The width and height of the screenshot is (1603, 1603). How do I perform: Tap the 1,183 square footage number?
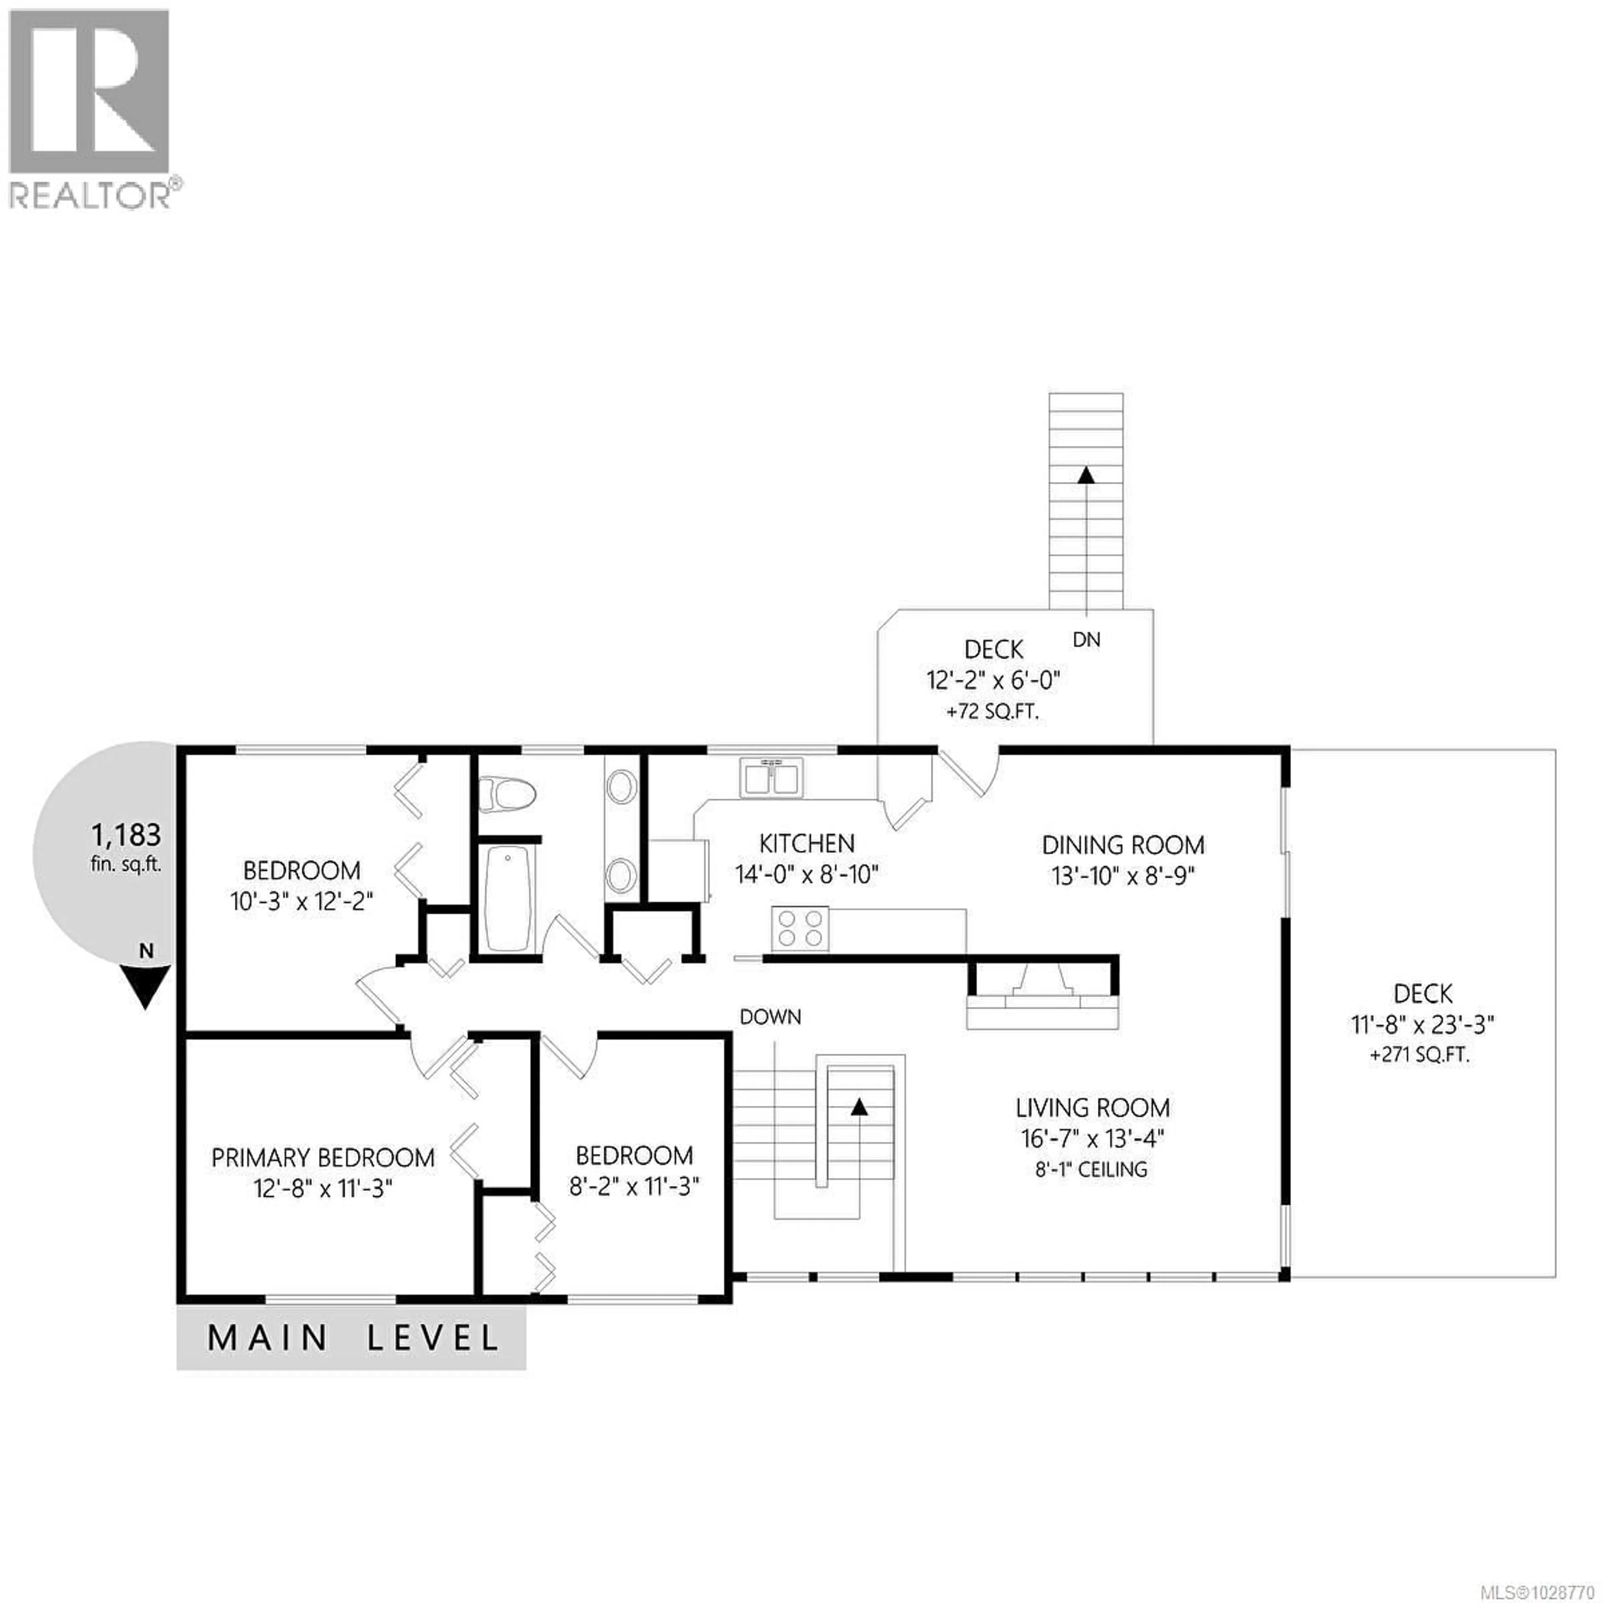(x=126, y=834)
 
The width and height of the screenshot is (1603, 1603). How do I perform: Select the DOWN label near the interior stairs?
(x=770, y=1016)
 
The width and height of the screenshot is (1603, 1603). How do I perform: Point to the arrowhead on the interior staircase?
(x=859, y=1106)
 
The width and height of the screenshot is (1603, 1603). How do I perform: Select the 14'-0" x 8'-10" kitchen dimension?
(x=806, y=875)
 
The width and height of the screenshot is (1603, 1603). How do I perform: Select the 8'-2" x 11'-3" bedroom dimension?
(x=634, y=1186)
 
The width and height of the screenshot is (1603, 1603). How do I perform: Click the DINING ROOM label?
(x=1123, y=845)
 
